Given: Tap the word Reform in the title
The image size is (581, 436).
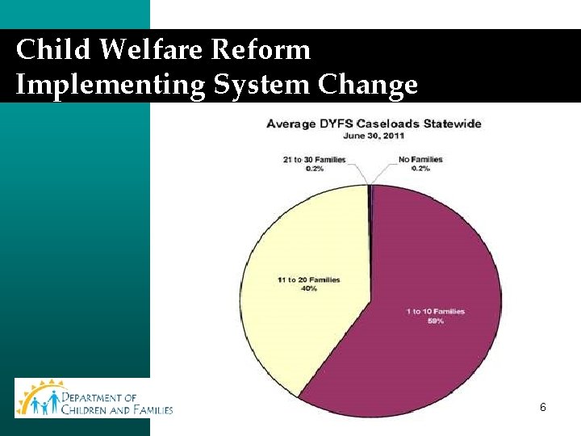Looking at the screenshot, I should [261, 50].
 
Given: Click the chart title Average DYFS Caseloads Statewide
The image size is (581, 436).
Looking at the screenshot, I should [374, 124].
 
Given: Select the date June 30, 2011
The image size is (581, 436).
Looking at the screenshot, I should [373, 136].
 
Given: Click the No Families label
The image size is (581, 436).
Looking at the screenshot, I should [420, 160].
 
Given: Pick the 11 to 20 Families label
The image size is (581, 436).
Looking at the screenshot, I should [307, 280].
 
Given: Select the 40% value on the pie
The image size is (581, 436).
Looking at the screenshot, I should [307, 288].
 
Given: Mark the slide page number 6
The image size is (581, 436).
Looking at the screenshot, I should [543, 408].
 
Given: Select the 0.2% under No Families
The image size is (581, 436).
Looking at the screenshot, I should [420, 168].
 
